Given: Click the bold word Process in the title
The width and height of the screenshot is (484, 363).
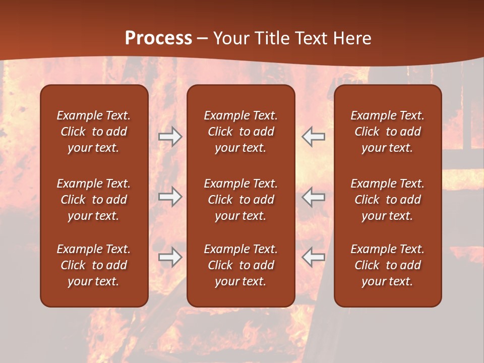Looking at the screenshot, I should (158, 38).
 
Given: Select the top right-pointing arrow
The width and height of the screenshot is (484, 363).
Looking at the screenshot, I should (170, 137).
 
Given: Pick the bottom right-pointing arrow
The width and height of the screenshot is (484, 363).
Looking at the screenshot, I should (170, 257).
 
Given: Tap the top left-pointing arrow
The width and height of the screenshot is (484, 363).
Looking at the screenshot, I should (314, 137).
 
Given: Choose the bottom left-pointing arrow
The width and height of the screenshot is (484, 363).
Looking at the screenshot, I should (314, 257).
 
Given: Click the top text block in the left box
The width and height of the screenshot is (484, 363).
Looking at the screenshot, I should (94, 132).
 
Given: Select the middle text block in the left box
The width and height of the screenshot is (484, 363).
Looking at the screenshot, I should (94, 200).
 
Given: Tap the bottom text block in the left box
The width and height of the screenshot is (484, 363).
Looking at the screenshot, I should (94, 265).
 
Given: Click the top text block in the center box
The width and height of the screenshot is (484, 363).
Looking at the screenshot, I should (240, 132).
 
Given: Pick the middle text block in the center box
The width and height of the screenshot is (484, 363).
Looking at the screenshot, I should (240, 200).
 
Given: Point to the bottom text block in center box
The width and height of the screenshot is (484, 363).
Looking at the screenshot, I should (240, 265).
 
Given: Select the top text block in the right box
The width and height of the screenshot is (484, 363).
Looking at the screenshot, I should (387, 132).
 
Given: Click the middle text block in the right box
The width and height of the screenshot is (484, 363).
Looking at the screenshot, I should (387, 200).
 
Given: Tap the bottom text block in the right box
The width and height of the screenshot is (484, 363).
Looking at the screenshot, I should (387, 265).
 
